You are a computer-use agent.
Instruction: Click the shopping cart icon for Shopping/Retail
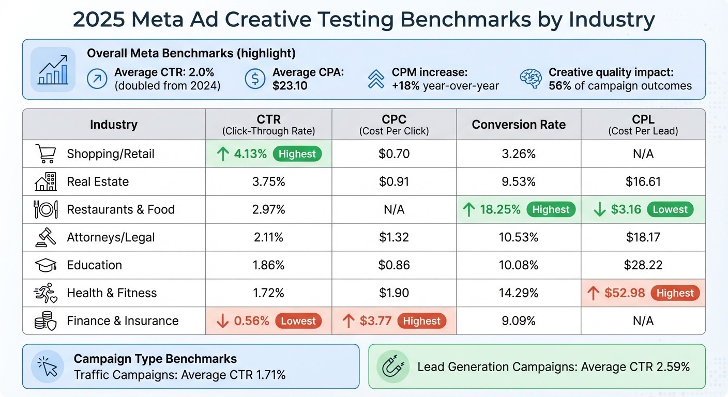pyautogui.click(x=45, y=154)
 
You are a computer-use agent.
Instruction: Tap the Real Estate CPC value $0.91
pyautogui.click(x=394, y=181)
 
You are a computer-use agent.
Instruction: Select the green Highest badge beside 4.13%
pyautogui.click(x=297, y=154)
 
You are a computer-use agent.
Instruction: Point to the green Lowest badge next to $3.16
pyautogui.click(x=670, y=209)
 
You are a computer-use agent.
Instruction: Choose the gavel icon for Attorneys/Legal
pyautogui.click(x=45, y=237)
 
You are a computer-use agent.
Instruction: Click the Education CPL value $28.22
pyautogui.click(x=643, y=265)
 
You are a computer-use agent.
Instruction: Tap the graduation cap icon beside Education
pyautogui.click(x=45, y=265)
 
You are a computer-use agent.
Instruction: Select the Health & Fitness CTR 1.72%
pyautogui.click(x=268, y=293)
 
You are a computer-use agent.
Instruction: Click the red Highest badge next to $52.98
pyautogui.click(x=675, y=293)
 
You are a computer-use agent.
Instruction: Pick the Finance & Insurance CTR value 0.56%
pyautogui.click(x=251, y=321)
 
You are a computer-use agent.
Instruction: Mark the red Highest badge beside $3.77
pyautogui.click(x=421, y=321)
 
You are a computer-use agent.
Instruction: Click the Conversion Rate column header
pyautogui.click(x=519, y=125)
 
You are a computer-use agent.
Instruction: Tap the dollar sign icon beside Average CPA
pyautogui.click(x=254, y=79)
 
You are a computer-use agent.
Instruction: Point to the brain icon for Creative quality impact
pyautogui.click(x=530, y=79)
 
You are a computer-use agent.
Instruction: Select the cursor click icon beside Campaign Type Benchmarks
pyautogui.click(x=48, y=366)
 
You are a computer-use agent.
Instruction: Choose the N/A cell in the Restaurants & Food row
pyautogui.click(x=394, y=209)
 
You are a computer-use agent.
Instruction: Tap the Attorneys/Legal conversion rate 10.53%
pyautogui.click(x=519, y=237)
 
